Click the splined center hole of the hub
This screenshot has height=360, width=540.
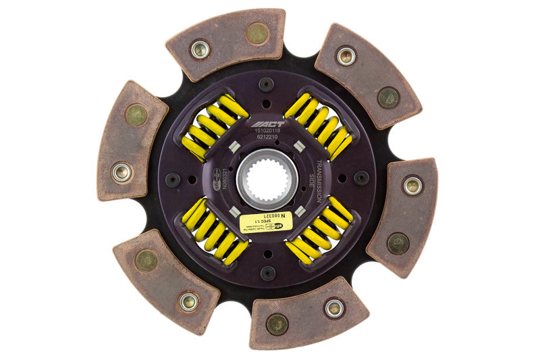coord(267,178)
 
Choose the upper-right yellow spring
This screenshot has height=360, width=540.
coord(318,124)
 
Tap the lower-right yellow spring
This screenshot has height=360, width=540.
coord(319,230)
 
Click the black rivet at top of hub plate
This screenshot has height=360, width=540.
coord(266,84)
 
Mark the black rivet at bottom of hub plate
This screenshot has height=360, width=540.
coord(268,274)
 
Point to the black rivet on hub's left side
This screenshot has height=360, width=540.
coord(173,180)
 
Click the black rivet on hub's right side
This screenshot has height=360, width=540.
coord(362,178)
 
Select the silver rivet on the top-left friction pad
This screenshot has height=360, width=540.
coord(199,49)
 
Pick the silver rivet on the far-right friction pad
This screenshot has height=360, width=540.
coord(412,185)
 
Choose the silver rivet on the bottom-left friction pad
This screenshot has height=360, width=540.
coord(188,302)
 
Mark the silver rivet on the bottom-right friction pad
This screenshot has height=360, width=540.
coord(334,308)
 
